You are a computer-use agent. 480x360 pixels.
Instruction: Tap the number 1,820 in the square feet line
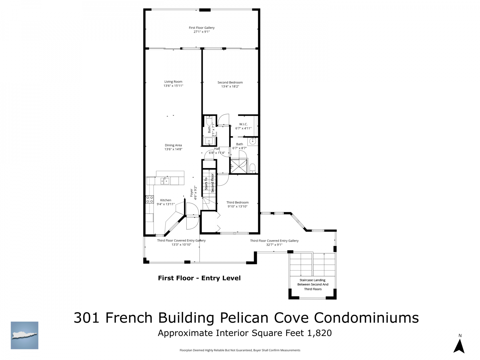click(319, 333)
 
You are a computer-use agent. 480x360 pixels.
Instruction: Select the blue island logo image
click(24, 335)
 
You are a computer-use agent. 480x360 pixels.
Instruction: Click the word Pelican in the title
click(244, 318)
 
